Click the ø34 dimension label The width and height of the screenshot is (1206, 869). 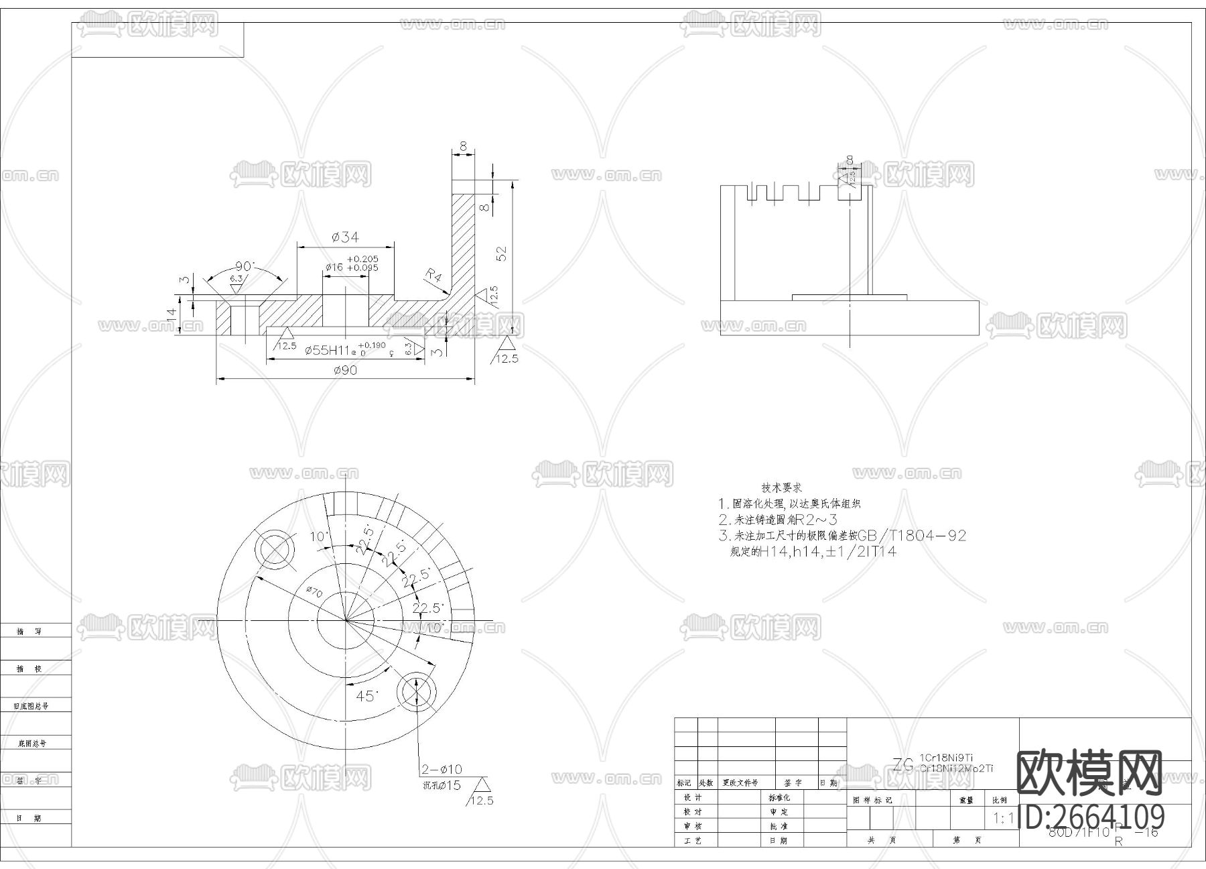click(x=345, y=237)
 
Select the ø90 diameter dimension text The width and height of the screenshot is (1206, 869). click(x=344, y=370)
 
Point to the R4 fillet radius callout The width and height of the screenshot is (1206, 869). click(x=433, y=276)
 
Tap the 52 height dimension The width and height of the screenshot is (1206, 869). click(x=502, y=253)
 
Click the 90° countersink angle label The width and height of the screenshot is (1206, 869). click(x=244, y=266)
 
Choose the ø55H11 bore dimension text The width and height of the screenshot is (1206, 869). click(x=328, y=350)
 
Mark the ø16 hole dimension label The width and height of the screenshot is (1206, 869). click(x=334, y=268)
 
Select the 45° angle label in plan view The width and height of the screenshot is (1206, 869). click(x=366, y=696)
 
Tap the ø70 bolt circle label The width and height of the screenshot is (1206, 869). click(x=314, y=592)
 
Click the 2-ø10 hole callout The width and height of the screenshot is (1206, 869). click(x=442, y=769)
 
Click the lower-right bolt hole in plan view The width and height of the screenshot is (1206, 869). click(x=416, y=692)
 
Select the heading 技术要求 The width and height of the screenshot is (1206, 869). click(x=781, y=487)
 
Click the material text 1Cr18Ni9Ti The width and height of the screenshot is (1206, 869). click(x=946, y=758)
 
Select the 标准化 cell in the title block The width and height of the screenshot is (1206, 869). click(x=779, y=798)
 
